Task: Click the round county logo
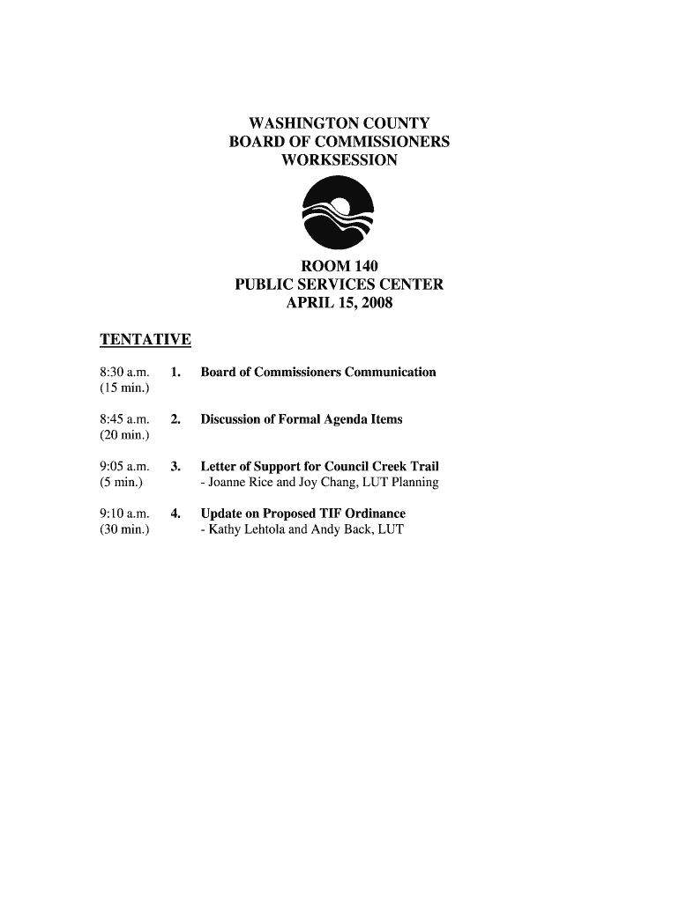point(339,212)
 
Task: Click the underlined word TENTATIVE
point(145,339)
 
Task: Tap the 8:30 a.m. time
point(124,372)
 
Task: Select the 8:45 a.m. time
point(124,419)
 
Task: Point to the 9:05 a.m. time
point(124,467)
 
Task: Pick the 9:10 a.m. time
point(124,514)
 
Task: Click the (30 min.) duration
point(124,529)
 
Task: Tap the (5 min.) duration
point(121,483)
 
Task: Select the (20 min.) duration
point(124,435)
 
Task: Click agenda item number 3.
point(175,467)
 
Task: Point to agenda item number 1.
point(175,372)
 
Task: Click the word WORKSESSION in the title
point(339,160)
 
